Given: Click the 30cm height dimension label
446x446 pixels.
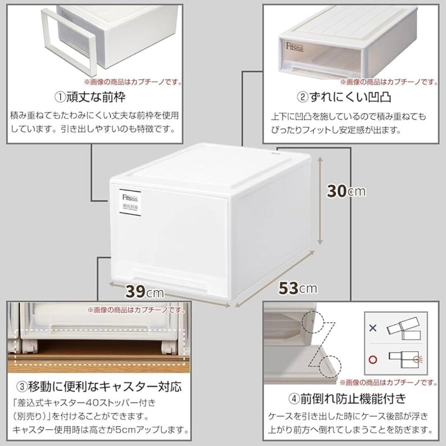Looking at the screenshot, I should click(346, 191).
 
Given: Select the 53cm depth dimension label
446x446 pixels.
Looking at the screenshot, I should click(298, 288).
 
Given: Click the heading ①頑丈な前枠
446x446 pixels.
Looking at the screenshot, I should click(90, 97).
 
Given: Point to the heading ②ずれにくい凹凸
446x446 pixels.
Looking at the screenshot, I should click(344, 97).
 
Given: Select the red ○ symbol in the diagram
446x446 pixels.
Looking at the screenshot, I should click(373, 359).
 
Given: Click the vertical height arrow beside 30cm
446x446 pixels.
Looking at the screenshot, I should click(320, 202).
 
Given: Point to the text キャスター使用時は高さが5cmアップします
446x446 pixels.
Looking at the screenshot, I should click(99, 429).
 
